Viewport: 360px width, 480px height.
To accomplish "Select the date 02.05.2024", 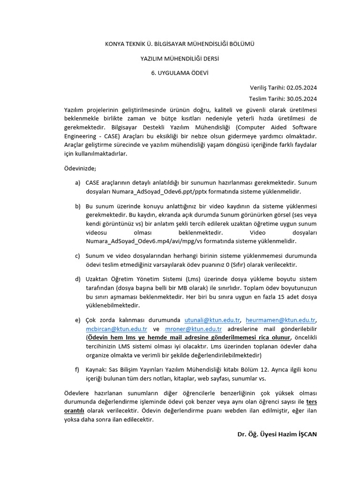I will pyautogui.click(x=301, y=88).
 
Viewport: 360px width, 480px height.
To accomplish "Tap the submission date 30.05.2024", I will pyautogui.click(x=301, y=98).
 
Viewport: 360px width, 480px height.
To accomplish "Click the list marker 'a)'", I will pyautogui.click(x=77, y=182).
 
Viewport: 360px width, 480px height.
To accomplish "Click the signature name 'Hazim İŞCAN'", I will pyautogui.click(x=297, y=434).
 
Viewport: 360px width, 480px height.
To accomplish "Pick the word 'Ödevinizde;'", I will pyautogui.click(x=80, y=168).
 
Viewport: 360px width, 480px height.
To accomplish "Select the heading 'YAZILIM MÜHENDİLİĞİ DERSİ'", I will pyautogui.click(x=180, y=59).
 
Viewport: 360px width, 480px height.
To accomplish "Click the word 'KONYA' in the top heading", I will pyautogui.click(x=114, y=44).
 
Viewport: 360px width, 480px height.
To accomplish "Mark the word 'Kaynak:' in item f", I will pyautogui.click(x=97, y=369).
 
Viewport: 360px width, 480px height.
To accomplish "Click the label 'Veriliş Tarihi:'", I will pyautogui.click(x=268, y=88).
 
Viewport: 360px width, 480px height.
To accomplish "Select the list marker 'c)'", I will pyautogui.click(x=77, y=255).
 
